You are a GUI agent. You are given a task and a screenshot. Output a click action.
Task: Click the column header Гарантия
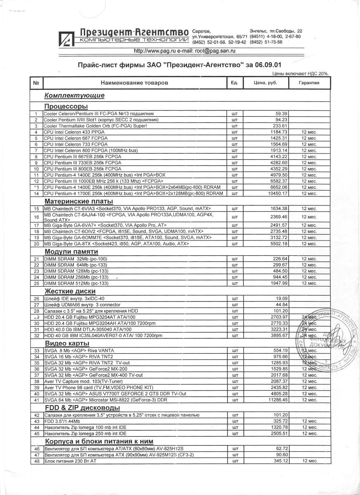309,83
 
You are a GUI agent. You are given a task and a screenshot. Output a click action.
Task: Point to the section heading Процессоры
66,106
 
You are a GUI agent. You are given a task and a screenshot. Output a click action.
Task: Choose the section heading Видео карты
67,343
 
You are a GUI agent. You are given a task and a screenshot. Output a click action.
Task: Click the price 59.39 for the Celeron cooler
281,113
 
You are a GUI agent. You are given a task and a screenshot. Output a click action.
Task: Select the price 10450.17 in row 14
278,194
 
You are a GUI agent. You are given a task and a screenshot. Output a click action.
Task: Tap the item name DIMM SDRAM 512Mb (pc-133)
76,283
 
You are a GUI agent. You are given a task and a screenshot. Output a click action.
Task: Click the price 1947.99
279,283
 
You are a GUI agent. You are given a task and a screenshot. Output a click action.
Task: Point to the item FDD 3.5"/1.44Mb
62,421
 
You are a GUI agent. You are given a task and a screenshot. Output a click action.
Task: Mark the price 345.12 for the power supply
280,460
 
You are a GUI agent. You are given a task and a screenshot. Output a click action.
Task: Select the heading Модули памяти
71,251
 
